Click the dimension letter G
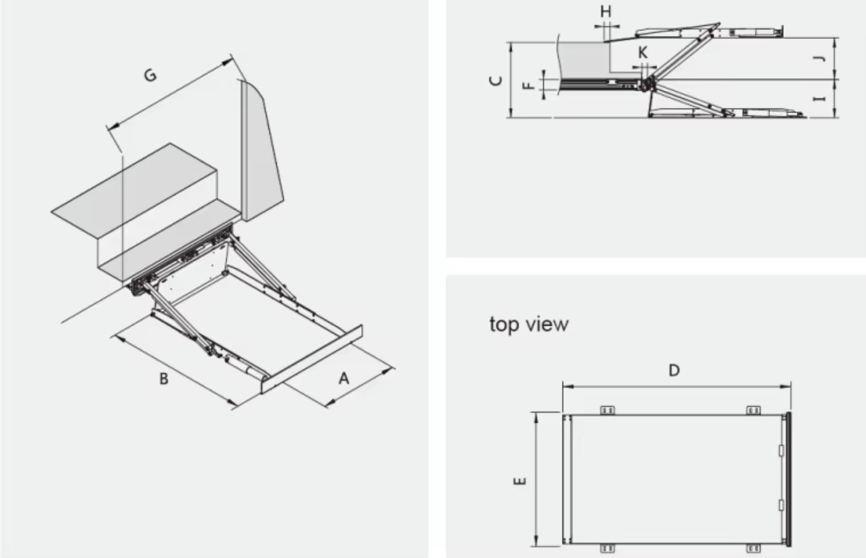[x=150, y=75]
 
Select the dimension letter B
[x=164, y=378]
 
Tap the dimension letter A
[x=344, y=378]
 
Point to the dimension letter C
[x=495, y=80]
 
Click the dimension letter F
[x=529, y=85]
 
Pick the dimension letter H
[x=606, y=12]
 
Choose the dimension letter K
[x=643, y=53]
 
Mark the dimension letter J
[x=820, y=59]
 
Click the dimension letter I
[x=820, y=99]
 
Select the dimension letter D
[x=674, y=370]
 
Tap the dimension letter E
[x=520, y=480]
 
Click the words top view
[x=529, y=324]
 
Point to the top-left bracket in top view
[x=608, y=410]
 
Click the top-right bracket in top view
[x=753, y=410]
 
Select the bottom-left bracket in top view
[x=608, y=548]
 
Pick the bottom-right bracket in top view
[x=753, y=548]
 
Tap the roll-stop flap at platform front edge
[x=312, y=358]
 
